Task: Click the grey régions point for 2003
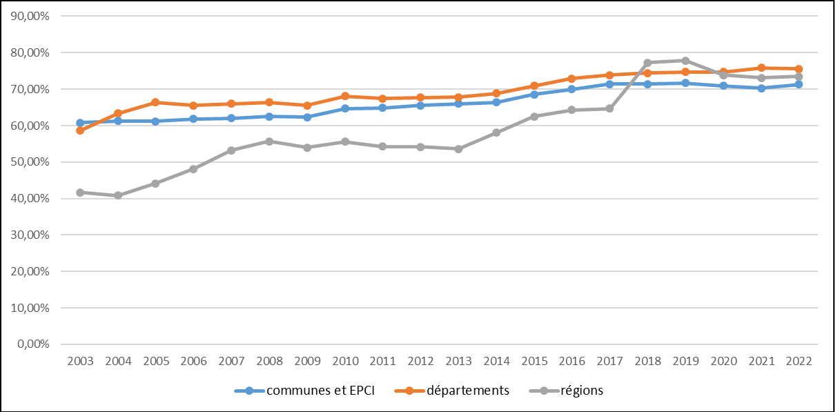tap(80, 193)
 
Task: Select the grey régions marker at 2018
tap(648, 63)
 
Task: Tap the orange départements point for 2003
tap(80, 130)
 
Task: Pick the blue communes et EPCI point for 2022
tap(799, 84)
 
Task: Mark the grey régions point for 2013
tap(458, 148)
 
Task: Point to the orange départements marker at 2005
tap(155, 102)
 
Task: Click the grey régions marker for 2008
tap(269, 141)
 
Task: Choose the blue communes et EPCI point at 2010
tap(345, 108)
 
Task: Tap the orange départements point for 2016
tap(572, 79)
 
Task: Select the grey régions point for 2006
tap(193, 168)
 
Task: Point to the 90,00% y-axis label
tap(28, 16)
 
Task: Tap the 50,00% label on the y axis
tap(28, 162)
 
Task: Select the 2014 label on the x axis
tap(496, 361)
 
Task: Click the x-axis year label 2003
tap(80, 361)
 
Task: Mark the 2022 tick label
tap(799, 361)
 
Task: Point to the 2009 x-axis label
tap(307, 361)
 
